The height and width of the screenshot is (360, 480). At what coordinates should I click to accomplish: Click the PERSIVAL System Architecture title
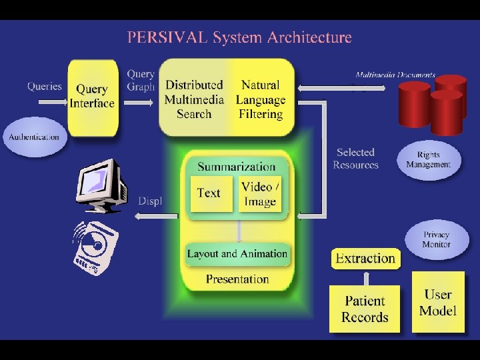coord(239,37)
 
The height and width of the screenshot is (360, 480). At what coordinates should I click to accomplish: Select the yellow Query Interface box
coord(92,96)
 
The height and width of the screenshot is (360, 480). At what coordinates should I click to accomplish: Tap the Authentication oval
coord(34,137)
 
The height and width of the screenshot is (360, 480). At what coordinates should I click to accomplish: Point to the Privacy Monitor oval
coord(436,239)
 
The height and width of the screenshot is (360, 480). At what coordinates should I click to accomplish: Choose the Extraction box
coord(365,259)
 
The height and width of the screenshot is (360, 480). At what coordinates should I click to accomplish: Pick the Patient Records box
coord(365,309)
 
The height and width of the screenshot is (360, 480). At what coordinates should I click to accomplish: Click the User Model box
coord(438,302)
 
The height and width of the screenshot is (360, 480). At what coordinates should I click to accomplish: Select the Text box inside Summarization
coord(209,193)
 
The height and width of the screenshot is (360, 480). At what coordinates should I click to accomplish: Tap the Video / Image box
coord(261,193)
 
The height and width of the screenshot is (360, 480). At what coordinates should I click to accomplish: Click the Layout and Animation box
coord(237,254)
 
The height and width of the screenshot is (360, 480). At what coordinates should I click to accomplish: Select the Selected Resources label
coord(355,159)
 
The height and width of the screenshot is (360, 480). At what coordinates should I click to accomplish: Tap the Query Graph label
coord(141,80)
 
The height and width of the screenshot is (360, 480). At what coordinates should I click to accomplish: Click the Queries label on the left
coord(44,86)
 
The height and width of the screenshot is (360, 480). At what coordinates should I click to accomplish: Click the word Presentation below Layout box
coord(237,279)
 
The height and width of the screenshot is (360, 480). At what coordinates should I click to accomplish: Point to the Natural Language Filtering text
coord(261,99)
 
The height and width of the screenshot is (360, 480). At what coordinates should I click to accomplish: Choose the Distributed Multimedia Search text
coord(194,99)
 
